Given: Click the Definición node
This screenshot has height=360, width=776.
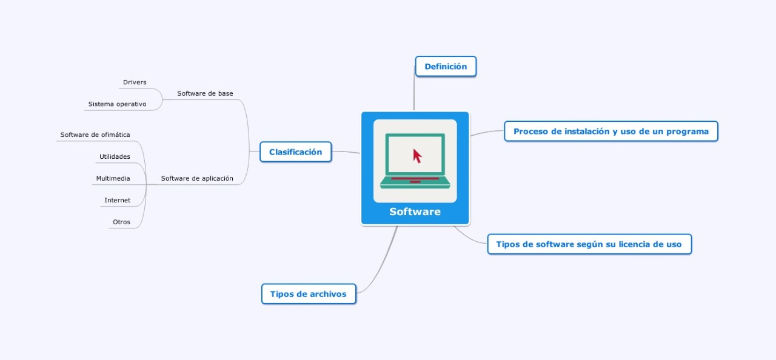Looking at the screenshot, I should pos(446,67).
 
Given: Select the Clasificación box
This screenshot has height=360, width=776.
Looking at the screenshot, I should pos(295,152).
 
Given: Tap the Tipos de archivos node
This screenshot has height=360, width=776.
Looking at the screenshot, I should pos(308,294).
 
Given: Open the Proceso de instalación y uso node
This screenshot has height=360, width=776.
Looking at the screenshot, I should pos(610,132).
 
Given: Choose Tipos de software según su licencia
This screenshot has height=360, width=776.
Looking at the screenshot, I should pos(589,245).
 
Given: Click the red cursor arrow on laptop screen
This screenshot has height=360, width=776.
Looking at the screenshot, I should pos(417,156).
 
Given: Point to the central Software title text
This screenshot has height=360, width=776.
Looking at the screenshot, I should pos(415,212).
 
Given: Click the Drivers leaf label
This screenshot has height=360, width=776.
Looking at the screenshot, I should pos(135,82).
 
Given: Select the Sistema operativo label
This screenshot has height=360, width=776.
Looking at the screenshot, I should pos(117,104).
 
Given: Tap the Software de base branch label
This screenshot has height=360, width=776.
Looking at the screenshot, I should pos(205,93).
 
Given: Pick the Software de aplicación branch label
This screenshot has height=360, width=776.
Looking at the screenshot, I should pos(197,178).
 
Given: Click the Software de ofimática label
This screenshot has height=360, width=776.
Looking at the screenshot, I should pos(95,135).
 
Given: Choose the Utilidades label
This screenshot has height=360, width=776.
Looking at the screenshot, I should pos(115,156).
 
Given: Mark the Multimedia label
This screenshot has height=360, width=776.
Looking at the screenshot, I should pos(113,178).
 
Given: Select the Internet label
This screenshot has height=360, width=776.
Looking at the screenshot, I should pos(117,200).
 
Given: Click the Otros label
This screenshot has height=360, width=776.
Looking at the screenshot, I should pos(121,222).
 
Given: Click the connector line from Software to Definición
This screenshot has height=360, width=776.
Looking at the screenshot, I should pos(414,91).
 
